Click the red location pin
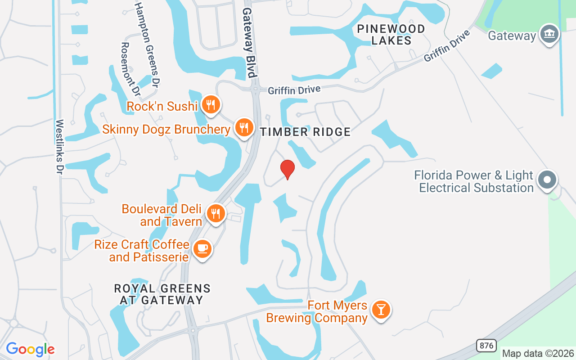(x=287, y=169)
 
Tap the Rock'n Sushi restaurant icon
(x=210, y=105)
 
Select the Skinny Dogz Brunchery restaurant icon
(x=244, y=127)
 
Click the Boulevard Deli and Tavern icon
(x=216, y=213)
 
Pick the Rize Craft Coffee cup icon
(x=202, y=248)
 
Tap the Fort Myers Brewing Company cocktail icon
(x=381, y=310)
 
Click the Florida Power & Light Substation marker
(x=547, y=180)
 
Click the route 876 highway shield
(x=486, y=346)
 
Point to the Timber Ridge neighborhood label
(x=306, y=132)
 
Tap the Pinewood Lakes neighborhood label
(x=391, y=35)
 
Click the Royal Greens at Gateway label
(x=162, y=294)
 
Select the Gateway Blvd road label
(x=248, y=43)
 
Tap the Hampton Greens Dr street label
(x=148, y=43)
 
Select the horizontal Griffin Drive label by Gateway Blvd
(x=294, y=90)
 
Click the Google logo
(x=30, y=349)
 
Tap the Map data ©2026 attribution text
(x=538, y=353)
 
